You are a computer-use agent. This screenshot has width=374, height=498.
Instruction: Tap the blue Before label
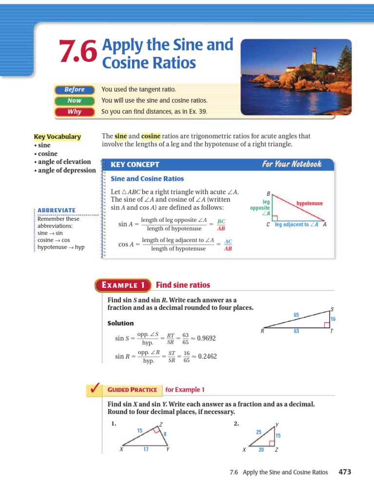coord(74,89)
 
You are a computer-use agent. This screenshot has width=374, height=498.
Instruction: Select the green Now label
coord(74,101)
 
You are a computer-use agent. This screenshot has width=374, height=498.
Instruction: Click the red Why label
coord(74,112)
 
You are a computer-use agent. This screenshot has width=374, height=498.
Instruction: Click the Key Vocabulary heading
coord(57,137)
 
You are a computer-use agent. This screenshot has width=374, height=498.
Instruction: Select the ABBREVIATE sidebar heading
coord(57,210)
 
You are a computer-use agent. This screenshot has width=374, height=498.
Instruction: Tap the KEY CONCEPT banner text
coord(135,164)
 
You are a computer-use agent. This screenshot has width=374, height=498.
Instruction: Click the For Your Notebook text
coord(291,164)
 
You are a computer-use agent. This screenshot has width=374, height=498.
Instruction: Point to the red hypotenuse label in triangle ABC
coord(309,203)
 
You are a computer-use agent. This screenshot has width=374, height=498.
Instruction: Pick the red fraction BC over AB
coord(221,225)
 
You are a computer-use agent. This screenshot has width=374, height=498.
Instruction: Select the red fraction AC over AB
coord(228,245)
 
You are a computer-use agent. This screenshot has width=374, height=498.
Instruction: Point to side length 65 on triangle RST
coord(296,315)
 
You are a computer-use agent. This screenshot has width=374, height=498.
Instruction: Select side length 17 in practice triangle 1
coord(146,449)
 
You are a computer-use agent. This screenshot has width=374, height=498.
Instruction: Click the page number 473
coord(345,472)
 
